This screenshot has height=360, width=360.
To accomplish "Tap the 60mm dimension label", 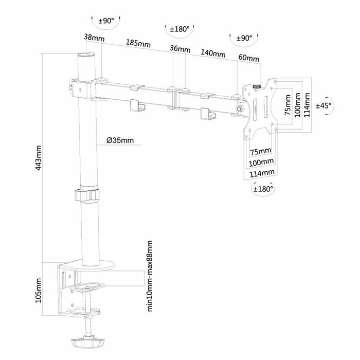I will tap(248, 59).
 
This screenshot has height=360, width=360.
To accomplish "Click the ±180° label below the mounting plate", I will tap(263, 189).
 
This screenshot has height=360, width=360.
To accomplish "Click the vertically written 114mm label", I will tap(308, 105).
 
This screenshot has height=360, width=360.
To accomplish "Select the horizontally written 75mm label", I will tap(260, 151).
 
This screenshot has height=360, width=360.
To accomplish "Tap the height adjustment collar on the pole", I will tap(86, 195).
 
